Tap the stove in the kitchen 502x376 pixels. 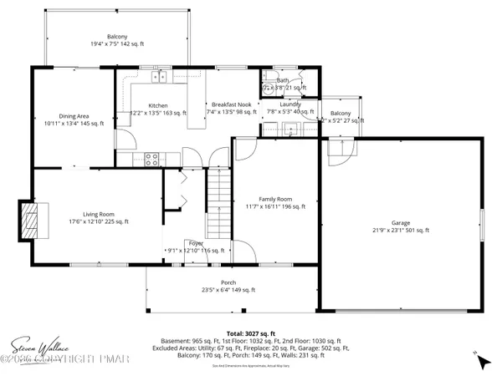click(153, 156)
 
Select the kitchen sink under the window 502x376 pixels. click(158, 79)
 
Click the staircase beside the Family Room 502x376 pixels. click(218, 201)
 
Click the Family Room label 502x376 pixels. click(274, 199)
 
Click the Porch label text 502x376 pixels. click(228, 283)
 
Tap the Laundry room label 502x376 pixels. click(291, 104)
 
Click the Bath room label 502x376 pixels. click(283, 80)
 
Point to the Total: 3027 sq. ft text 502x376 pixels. click(250, 333)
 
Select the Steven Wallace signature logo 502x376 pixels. click(38, 343)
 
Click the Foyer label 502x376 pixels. click(195, 243)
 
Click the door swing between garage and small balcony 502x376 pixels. click(340, 150)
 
